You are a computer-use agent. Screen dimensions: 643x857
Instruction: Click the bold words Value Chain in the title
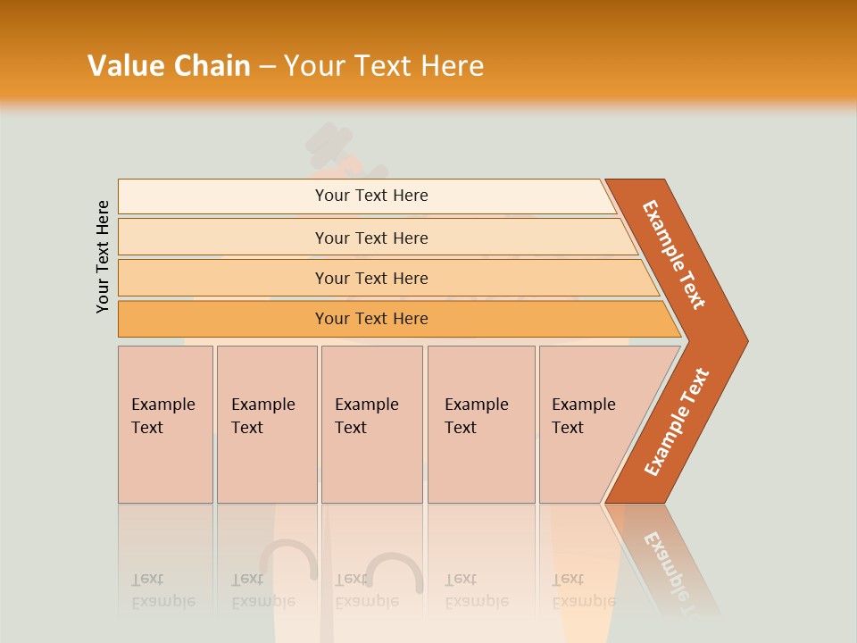(x=169, y=66)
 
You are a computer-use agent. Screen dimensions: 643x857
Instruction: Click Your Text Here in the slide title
(x=384, y=66)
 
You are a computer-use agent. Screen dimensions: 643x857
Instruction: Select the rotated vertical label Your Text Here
(x=103, y=257)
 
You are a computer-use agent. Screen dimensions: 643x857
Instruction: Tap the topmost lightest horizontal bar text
(x=371, y=196)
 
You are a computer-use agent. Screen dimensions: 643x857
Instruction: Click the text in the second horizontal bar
(x=371, y=238)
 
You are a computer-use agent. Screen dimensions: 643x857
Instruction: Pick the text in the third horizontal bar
(x=371, y=279)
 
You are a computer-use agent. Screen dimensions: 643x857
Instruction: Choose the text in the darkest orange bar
(x=371, y=319)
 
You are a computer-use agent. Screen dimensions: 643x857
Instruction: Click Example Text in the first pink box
(x=162, y=416)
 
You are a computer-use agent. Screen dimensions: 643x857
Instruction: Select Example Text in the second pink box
(x=262, y=416)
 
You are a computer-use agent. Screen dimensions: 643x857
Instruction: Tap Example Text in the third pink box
(x=366, y=416)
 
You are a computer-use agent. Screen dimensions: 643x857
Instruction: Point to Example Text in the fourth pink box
(x=476, y=416)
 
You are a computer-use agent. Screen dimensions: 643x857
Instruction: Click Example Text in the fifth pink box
(x=583, y=416)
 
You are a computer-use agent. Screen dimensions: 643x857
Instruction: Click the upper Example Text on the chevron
(x=674, y=255)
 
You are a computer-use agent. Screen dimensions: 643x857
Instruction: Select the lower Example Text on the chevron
(x=677, y=422)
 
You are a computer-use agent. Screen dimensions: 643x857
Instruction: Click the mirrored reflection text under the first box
(x=162, y=590)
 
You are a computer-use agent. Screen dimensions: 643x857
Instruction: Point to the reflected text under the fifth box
(x=583, y=590)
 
